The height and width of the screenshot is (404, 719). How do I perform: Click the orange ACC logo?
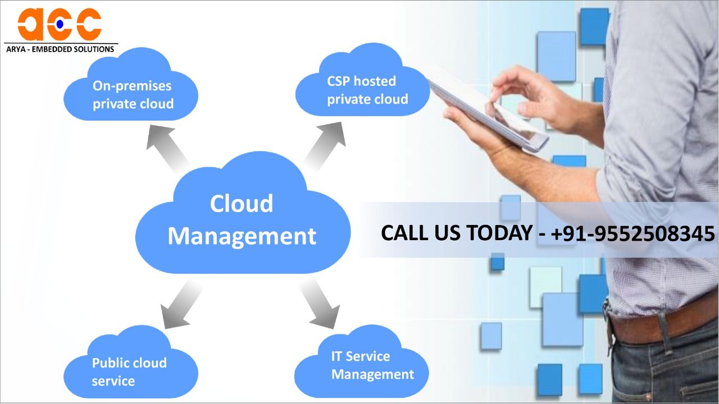click(60, 24)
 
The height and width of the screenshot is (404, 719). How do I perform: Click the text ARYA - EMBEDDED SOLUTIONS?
click(60, 49)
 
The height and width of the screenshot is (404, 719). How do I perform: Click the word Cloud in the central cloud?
click(242, 203)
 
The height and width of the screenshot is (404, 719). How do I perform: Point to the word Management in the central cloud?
click(242, 236)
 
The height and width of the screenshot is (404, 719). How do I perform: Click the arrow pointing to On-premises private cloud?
click(166, 148)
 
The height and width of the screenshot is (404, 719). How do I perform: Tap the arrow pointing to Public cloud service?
click(180, 306)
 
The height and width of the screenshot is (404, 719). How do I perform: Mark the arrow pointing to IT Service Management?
click(320, 304)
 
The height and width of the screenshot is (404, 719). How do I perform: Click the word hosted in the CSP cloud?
click(375, 81)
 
